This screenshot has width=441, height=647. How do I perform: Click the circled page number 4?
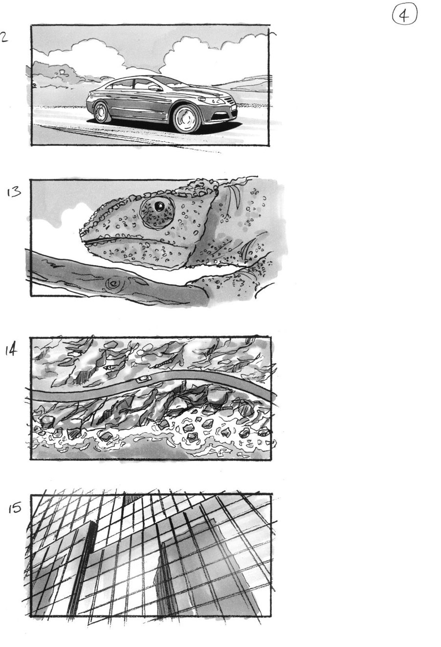[x=404, y=16]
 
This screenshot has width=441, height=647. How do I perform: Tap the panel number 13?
[x=14, y=192]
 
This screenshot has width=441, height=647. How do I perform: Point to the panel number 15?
[x=15, y=508]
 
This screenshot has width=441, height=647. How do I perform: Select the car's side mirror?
[x=154, y=88]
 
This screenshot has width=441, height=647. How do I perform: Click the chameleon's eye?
[x=158, y=208]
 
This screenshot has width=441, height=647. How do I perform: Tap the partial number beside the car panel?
[x=3, y=38]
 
